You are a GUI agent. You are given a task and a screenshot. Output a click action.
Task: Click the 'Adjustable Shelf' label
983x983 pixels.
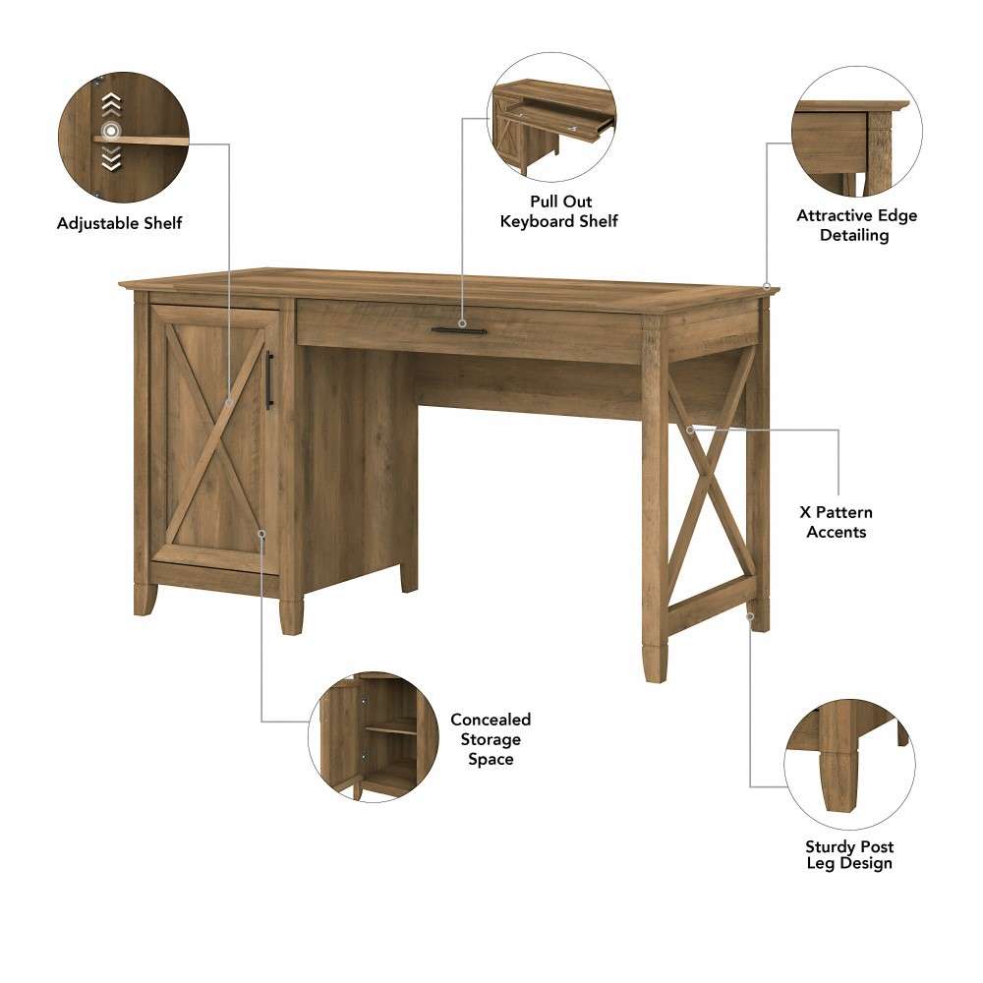click(x=119, y=224)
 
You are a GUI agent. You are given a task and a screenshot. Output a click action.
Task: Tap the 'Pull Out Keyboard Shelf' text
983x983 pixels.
click(x=558, y=211)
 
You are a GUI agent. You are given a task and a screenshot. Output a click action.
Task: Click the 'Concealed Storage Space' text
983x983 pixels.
click(x=490, y=739)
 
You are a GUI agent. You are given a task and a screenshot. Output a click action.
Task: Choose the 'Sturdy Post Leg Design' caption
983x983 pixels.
click(x=849, y=855)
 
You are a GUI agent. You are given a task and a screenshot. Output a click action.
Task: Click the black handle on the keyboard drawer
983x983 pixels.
click(x=459, y=330)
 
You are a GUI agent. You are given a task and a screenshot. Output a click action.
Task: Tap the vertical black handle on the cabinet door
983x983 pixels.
click(x=269, y=379)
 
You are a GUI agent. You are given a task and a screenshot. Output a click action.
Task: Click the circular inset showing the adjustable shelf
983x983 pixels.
click(x=123, y=137)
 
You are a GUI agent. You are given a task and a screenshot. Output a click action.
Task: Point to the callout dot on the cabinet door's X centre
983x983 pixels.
click(x=227, y=401)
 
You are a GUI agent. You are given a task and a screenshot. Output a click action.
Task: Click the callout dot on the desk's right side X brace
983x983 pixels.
click(x=690, y=430)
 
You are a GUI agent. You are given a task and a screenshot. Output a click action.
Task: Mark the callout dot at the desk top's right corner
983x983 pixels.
click(x=766, y=285)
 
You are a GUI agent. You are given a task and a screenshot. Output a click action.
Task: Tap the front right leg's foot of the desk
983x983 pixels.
click(x=656, y=664)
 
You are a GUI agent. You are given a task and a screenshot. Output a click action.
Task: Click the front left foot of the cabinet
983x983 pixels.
click(x=145, y=599)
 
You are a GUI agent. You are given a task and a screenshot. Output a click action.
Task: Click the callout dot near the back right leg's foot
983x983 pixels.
click(x=750, y=616)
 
